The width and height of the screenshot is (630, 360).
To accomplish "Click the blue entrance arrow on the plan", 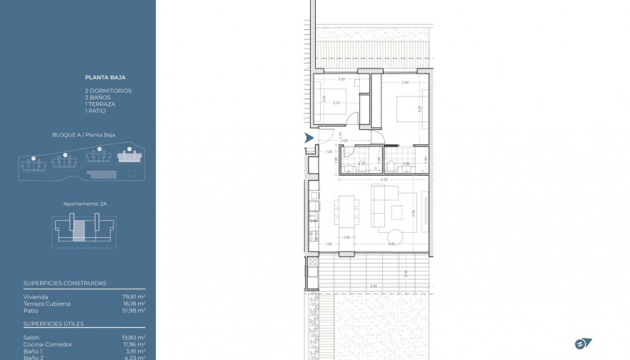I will point(309,138).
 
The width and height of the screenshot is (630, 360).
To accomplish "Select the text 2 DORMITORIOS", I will point(108,91).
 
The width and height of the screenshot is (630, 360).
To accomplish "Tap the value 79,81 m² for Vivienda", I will point(134,296).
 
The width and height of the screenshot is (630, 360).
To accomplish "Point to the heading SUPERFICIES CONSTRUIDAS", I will point(65,283).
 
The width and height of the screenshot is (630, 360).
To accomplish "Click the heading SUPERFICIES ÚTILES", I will point(54,324).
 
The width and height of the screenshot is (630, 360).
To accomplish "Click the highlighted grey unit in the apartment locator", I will point(79,231).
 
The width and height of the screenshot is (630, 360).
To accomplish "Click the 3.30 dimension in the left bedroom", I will point(341,79).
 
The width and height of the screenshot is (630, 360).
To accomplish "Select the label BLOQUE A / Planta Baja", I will point(84,134).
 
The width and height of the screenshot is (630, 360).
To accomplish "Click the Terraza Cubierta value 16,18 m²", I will point(134,304).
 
